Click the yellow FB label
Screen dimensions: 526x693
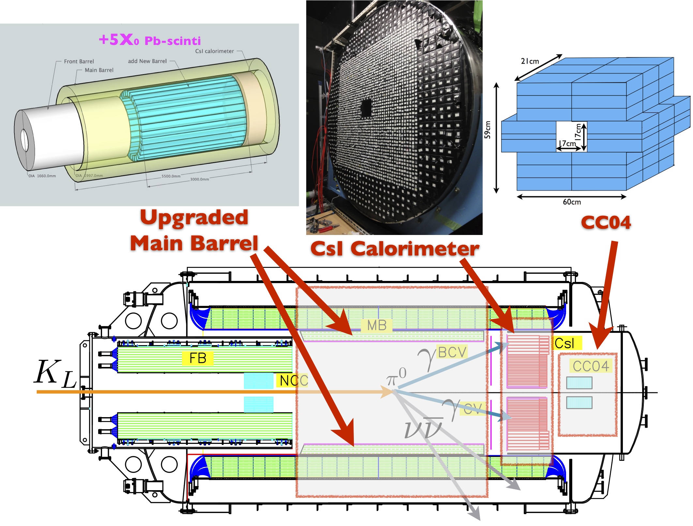198,358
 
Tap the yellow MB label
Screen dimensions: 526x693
377,325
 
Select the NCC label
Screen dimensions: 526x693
293,380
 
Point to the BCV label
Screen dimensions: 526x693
452,352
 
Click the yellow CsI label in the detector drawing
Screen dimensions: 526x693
565,343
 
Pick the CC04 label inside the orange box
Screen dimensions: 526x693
591,366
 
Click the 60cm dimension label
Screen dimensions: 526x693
571,202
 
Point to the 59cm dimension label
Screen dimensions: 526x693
488,130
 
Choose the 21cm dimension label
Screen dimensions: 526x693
530,61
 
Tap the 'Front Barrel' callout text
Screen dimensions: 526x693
79,61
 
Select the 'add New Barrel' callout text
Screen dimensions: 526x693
147,61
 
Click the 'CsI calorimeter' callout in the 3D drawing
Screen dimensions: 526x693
214,51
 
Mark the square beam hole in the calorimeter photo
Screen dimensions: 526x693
366,108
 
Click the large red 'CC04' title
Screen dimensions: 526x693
606,223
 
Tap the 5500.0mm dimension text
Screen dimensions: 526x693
171,176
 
